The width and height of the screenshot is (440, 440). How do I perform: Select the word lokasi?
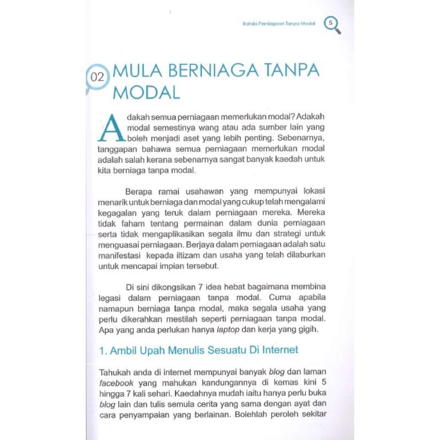(x=328, y=191)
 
